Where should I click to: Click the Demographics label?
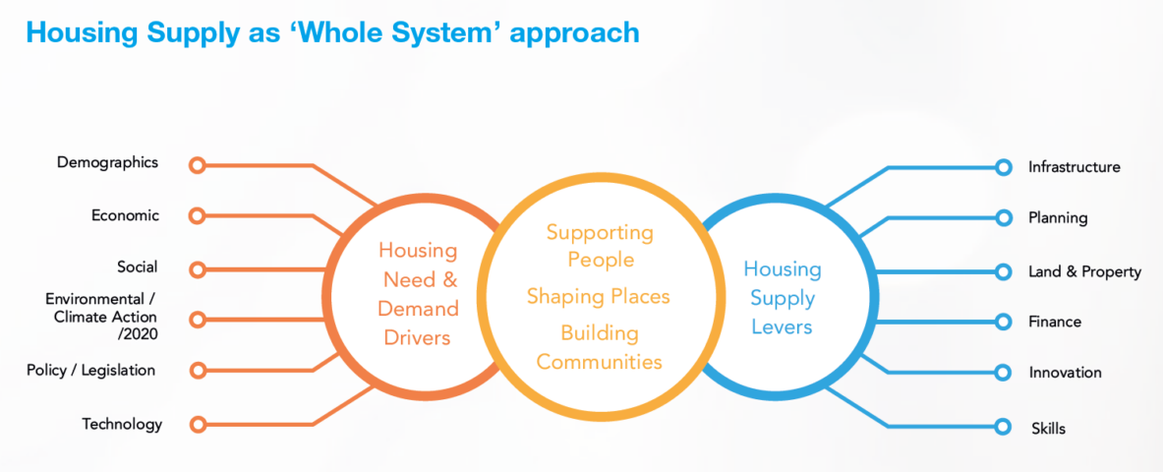pyautogui.click(x=107, y=162)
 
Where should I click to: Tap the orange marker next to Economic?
pyautogui.click(x=197, y=216)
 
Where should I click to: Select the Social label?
pyautogui.click(x=138, y=266)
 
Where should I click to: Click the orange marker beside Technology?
pyautogui.click(x=197, y=425)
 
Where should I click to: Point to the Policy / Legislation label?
pyautogui.click(x=91, y=370)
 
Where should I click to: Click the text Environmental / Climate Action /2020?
pyautogui.click(x=101, y=317)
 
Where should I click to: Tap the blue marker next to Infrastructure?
pyautogui.click(x=1004, y=168)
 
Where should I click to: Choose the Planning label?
pyautogui.click(x=1058, y=218)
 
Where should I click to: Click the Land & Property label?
pyautogui.click(x=1084, y=272)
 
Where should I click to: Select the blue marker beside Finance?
pyautogui.click(x=1004, y=322)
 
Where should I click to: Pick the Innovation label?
pyautogui.click(x=1065, y=373)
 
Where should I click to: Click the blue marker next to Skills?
pyautogui.click(x=1004, y=427)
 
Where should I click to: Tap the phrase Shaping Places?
pyautogui.click(x=599, y=297)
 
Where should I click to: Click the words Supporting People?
pyautogui.click(x=600, y=247)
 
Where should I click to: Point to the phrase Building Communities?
pyautogui.click(x=600, y=347)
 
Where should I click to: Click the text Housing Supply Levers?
pyautogui.click(x=783, y=298)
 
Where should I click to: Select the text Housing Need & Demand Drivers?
pyautogui.click(x=418, y=293)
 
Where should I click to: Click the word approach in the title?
pyautogui.click(x=574, y=33)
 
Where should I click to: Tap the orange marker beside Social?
pyautogui.click(x=197, y=268)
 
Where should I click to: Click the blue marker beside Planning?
pyautogui.click(x=1004, y=218)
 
